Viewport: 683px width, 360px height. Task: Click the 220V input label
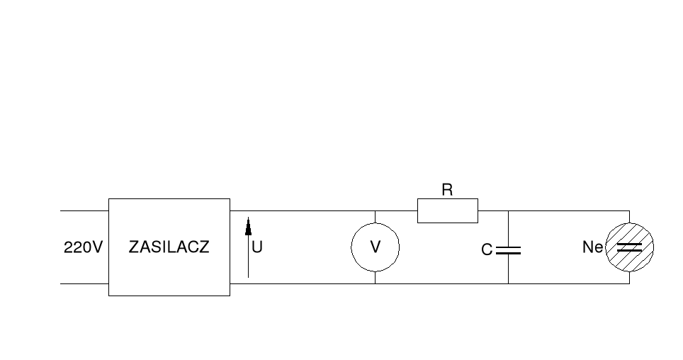click(84, 248)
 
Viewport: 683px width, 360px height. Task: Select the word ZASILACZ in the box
click(169, 248)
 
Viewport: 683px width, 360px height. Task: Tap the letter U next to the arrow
click(257, 248)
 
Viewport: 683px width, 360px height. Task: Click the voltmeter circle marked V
click(376, 247)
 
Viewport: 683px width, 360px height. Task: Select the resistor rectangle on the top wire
click(447, 211)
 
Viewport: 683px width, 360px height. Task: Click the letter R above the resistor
click(447, 190)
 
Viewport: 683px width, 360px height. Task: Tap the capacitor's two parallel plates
click(508, 250)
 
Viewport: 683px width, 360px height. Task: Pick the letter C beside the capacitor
click(487, 250)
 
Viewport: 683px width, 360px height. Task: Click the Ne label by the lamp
click(592, 248)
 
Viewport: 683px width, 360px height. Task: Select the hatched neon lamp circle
click(629, 247)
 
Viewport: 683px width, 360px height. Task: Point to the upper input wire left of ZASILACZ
click(84, 211)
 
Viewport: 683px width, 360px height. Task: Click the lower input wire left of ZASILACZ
click(84, 284)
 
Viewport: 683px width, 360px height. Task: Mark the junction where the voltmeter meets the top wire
click(375, 211)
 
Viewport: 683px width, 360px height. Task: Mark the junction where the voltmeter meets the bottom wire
click(375, 284)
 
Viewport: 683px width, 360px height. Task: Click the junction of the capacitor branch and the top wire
click(508, 211)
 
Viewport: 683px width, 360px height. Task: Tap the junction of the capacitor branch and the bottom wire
click(508, 284)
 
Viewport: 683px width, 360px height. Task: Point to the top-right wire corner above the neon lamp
click(629, 211)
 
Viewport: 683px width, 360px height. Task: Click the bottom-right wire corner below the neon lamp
click(629, 284)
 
